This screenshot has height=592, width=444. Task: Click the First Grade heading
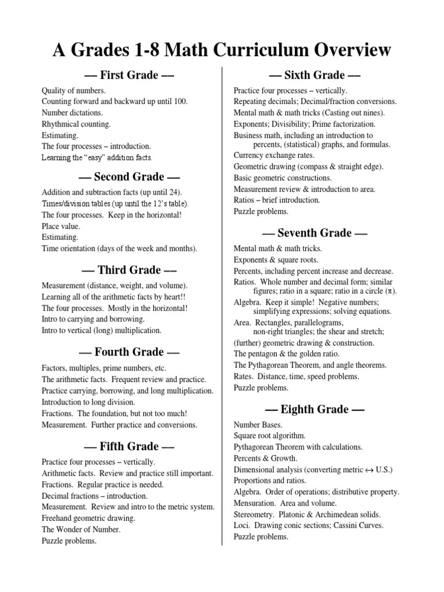tap(129, 75)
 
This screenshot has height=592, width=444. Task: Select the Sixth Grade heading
tap(314, 75)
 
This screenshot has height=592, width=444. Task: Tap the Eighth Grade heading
tap(314, 410)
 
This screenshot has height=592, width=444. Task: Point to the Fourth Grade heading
tap(129, 352)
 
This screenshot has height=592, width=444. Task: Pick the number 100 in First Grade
tap(180, 102)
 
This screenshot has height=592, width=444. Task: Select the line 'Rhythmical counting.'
tap(76, 124)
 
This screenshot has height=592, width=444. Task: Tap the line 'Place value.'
tap(61, 226)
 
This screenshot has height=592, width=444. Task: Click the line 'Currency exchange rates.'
tap(274, 156)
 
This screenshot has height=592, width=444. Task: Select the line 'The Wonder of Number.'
tap(81, 530)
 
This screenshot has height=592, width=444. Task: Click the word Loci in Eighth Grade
tap(241, 526)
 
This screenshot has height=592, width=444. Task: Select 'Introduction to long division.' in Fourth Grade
tap(88, 402)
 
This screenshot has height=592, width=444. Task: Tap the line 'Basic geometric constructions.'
tap(283, 178)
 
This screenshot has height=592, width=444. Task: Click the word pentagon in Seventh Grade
tap(264, 354)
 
